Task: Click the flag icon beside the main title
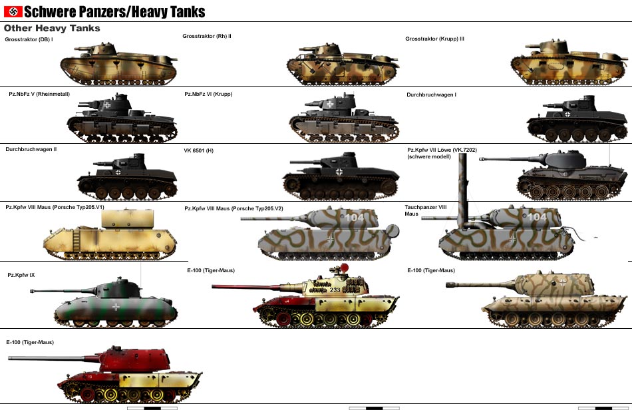pyautogui.click(x=13, y=11)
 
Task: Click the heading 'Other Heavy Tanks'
pyautogui.click(x=52, y=29)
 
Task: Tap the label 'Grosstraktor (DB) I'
pyautogui.click(x=29, y=39)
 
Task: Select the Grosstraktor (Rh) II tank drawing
pyautogui.click(x=342, y=67)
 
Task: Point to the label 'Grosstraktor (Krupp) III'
pyautogui.click(x=434, y=39)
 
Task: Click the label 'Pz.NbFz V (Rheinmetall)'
pyautogui.click(x=39, y=95)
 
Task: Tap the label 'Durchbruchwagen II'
pyautogui.click(x=31, y=149)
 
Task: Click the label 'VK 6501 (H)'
pyautogui.click(x=198, y=151)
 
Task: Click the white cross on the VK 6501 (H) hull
pyautogui.click(x=340, y=173)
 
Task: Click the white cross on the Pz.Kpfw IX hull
pyautogui.click(x=117, y=307)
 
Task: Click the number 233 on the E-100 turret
pyautogui.click(x=335, y=290)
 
